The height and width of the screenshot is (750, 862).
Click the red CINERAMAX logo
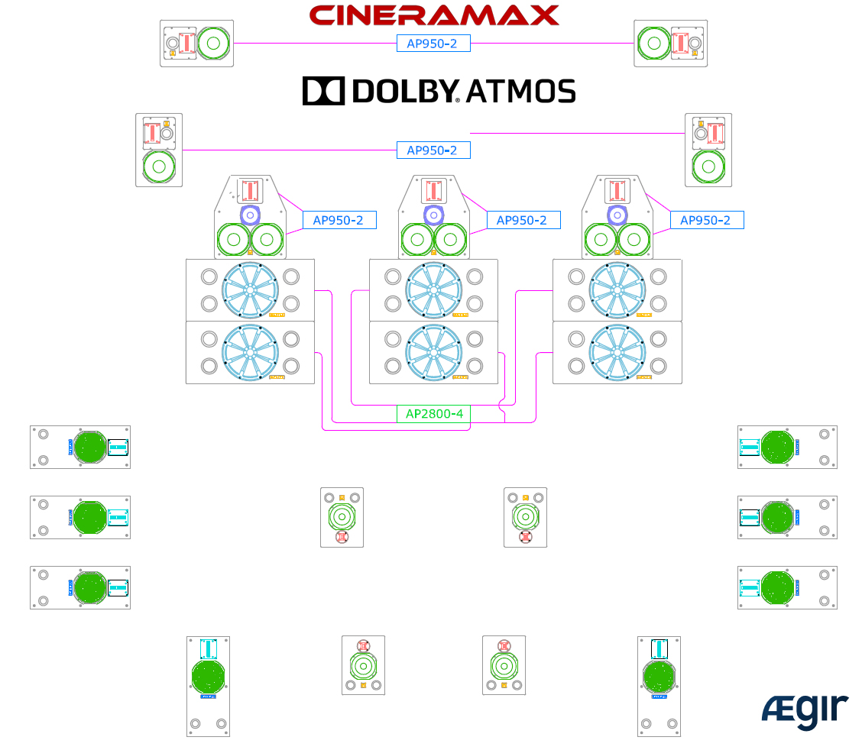click(x=434, y=15)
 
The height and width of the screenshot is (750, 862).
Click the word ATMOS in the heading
click(x=520, y=91)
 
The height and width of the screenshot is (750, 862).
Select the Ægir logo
click(x=805, y=712)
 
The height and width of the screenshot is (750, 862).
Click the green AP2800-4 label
click(x=433, y=414)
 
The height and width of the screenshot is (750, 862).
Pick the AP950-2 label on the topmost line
click(x=433, y=44)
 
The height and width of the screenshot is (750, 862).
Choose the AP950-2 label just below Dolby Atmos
click(x=433, y=150)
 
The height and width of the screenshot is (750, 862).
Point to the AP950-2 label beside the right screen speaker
click(x=707, y=220)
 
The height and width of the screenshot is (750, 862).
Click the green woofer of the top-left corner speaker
click(x=213, y=44)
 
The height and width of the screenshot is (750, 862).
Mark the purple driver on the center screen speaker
click(x=433, y=215)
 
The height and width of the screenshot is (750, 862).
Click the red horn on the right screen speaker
click(x=617, y=189)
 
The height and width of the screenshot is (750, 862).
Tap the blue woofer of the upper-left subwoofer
click(x=250, y=290)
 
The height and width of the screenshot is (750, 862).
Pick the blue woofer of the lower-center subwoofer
click(x=433, y=352)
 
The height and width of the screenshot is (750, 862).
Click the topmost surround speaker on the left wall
click(x=80, y=447)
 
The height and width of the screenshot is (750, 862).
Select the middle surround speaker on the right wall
click(x=787, y=517)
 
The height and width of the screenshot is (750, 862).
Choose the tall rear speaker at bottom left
click(x=209, y=686)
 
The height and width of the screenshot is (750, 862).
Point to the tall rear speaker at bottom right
click(x=659, y=686)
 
